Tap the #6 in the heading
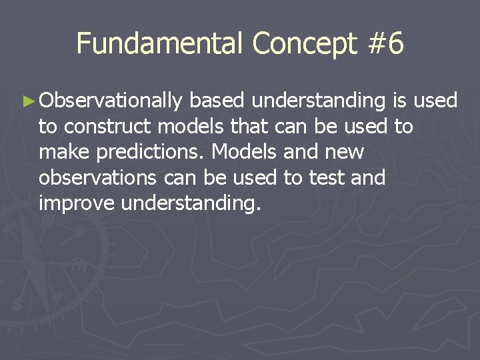pyautogui.click(x=385, y=44)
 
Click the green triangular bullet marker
pyautogui.click(x=27, y=102)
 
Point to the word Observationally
pyautogui.click(x=111, y=102)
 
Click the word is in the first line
pyautogui.click(x=400, y=101)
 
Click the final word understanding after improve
pyautogui.click(x=190, y=203)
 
